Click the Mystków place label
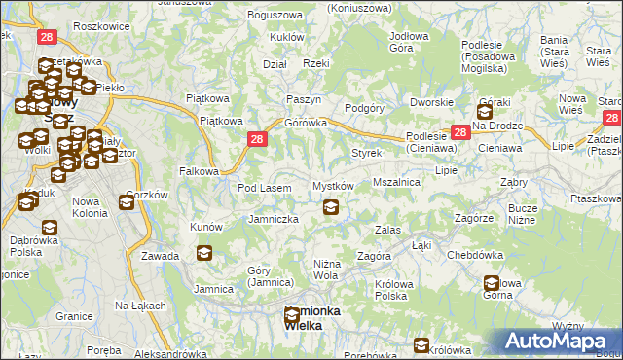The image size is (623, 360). point(332,186)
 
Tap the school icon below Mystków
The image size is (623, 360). point(331,207)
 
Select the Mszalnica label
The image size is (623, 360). point(396,182)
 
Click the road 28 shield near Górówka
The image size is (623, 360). point(255,140)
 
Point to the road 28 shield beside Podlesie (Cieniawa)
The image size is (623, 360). point(459,133)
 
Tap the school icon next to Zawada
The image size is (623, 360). point(203,254)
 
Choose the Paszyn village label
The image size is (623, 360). point(304,100)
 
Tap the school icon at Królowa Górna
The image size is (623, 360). point(493,284)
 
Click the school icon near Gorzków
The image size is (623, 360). point(127,202)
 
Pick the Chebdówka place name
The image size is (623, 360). point(474,255)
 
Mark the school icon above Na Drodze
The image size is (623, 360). point(484,111)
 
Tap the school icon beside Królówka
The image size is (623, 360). point(421,345)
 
